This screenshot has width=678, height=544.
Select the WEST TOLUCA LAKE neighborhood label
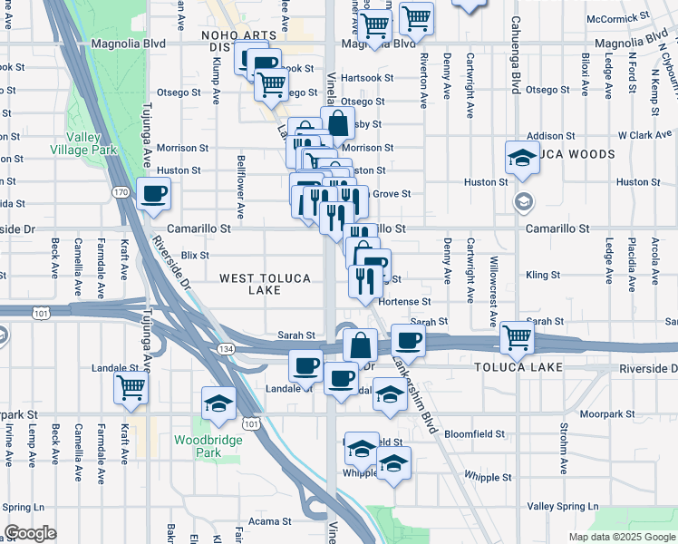[x=264, y=283]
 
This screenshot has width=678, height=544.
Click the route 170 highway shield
[x=121, y=192]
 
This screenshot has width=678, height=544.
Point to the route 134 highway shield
[x=223, y=348]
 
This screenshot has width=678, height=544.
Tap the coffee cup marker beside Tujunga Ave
[x=154, y=193]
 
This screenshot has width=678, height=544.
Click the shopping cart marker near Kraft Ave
[x=131, y=386]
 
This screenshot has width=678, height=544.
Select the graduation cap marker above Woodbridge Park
[x=218, y=402]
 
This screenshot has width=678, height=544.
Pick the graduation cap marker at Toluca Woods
[x=523, y=157]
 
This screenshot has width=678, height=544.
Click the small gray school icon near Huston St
[x=523, y=200]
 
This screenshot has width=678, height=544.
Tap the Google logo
[x=30, y=532]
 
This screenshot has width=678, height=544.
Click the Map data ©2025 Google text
[x=621, y=537]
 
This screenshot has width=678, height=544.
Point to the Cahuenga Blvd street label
[x=515, y=54]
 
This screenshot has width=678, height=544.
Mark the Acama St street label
[x=271, y=521]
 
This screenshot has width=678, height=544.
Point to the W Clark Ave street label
[x=644, y=135]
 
